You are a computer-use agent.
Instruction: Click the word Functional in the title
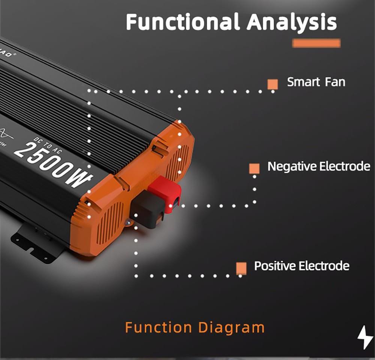coord(182,22)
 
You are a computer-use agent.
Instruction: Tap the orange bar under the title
coord(316,43)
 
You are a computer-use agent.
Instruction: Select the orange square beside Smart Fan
coord(273,84)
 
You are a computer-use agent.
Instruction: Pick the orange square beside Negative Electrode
coord(254,168)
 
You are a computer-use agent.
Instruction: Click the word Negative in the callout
coord(291,166)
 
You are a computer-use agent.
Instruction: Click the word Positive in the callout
coord(274,266)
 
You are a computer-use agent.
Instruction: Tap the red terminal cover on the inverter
coord(165,193)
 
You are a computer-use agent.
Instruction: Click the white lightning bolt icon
coord(364,338)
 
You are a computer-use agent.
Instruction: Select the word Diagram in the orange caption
coord(231,327)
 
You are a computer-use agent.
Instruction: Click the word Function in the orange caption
coord(159,327)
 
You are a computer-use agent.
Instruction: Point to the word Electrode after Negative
coord(344,166)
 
